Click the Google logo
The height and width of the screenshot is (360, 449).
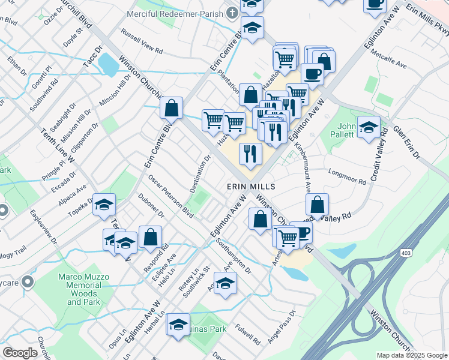20,353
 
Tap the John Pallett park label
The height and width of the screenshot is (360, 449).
347,130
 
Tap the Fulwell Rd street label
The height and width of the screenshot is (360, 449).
247,334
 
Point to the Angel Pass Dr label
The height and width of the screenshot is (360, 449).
282,327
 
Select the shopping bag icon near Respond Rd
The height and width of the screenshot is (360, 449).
150,237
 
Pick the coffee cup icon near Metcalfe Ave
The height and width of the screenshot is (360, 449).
312,74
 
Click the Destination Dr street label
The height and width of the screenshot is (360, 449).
200,175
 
